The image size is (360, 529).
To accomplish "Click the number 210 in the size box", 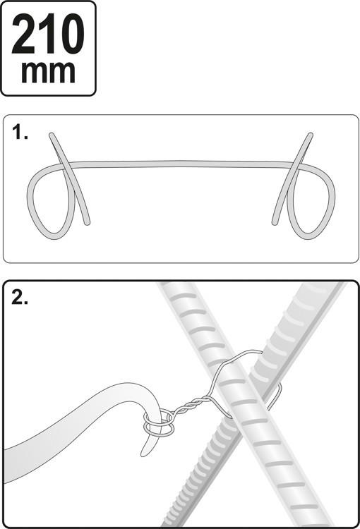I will coord(48,35).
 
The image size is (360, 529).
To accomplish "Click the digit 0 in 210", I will coord(73,35).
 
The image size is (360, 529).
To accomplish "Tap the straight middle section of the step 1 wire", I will coord(180,164).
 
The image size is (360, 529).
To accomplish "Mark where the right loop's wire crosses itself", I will coord(296,166).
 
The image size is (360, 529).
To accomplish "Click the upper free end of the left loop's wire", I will coord(52,135).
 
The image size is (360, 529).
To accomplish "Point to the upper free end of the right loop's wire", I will coord(309,135).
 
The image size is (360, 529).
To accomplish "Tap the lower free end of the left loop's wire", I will coord(87,221).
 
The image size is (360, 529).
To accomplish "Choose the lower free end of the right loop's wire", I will coord(273,221).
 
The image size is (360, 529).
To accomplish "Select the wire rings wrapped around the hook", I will coord(158,422).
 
